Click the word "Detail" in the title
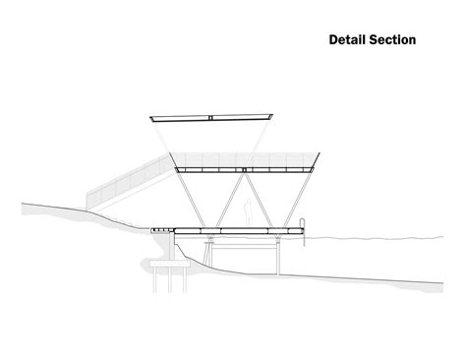pyautogui.click(x=346, y=40)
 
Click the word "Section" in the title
pyautogui.click(x=391, y=40)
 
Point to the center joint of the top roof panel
pyautogui.click(x=210, y=118)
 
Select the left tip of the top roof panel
pyautogui.click(x=150, y=116)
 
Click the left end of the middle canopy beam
pyautogui.click(x=176, y=170)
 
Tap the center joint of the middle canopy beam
pyautogui.click(x=245, y=170)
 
